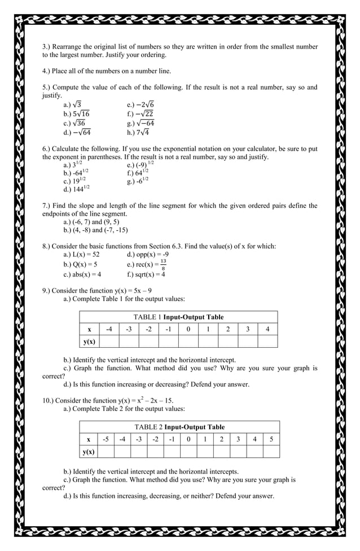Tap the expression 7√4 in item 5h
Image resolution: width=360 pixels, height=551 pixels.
click(x=142, y=133)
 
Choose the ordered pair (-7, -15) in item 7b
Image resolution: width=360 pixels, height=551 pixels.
click(x=113, y=230)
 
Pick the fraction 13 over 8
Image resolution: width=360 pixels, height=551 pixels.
click(x=163, y=264)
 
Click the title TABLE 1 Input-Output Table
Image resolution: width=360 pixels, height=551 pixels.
click(x=178, y=317)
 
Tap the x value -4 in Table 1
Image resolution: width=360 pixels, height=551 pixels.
click(x=109, y=329)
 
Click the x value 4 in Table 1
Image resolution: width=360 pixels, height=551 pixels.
click(x=267, y=329)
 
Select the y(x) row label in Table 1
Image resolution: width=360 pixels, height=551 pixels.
click(x=89, y=342)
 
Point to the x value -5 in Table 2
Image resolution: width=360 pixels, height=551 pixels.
click(x=106, y=439)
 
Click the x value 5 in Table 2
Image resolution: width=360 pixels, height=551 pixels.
click(x=271, y=439)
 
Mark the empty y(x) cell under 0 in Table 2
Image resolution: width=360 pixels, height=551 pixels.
click(x=188, y=451)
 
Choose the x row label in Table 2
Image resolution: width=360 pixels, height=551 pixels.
click(x=89, y=439)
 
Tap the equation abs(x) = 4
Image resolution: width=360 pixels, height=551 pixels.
click(x=82, y=274)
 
